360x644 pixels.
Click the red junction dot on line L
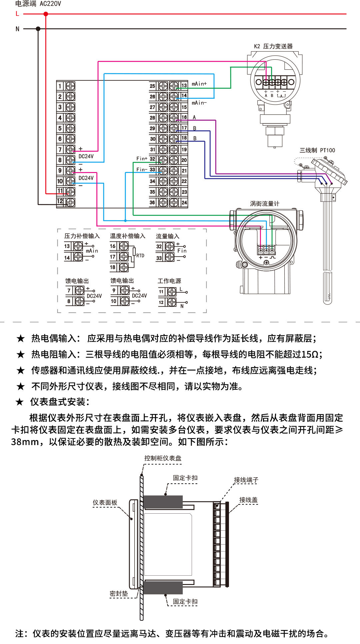tap(46, 14)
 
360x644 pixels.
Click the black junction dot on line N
tap(38, 29)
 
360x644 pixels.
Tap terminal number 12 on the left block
tap(60, 201)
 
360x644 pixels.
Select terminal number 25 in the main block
tap(152, 86)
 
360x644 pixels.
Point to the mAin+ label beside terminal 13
tap(199, 84)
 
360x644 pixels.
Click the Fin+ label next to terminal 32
tap(142, 159)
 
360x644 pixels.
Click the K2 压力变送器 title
tap(273, 46)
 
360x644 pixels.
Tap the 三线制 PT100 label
tap(317, 150)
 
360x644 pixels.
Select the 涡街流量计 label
tap(264, 204)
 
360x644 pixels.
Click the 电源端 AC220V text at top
tap(38, 4)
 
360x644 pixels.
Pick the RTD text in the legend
tap(140, 256)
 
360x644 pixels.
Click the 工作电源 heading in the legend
tap(169, 281)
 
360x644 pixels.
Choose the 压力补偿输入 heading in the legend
tap(82, 236)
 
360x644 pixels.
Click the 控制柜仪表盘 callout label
tap(163, 458)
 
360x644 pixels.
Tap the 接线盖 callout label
tap(248, 500)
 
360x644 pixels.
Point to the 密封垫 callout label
tap(119, 594)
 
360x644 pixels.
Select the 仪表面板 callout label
tap(105, 503)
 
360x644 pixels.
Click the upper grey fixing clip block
tap(163, 502)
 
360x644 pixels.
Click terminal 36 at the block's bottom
tap(152, 202)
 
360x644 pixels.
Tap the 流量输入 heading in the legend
tap(168, 236)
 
